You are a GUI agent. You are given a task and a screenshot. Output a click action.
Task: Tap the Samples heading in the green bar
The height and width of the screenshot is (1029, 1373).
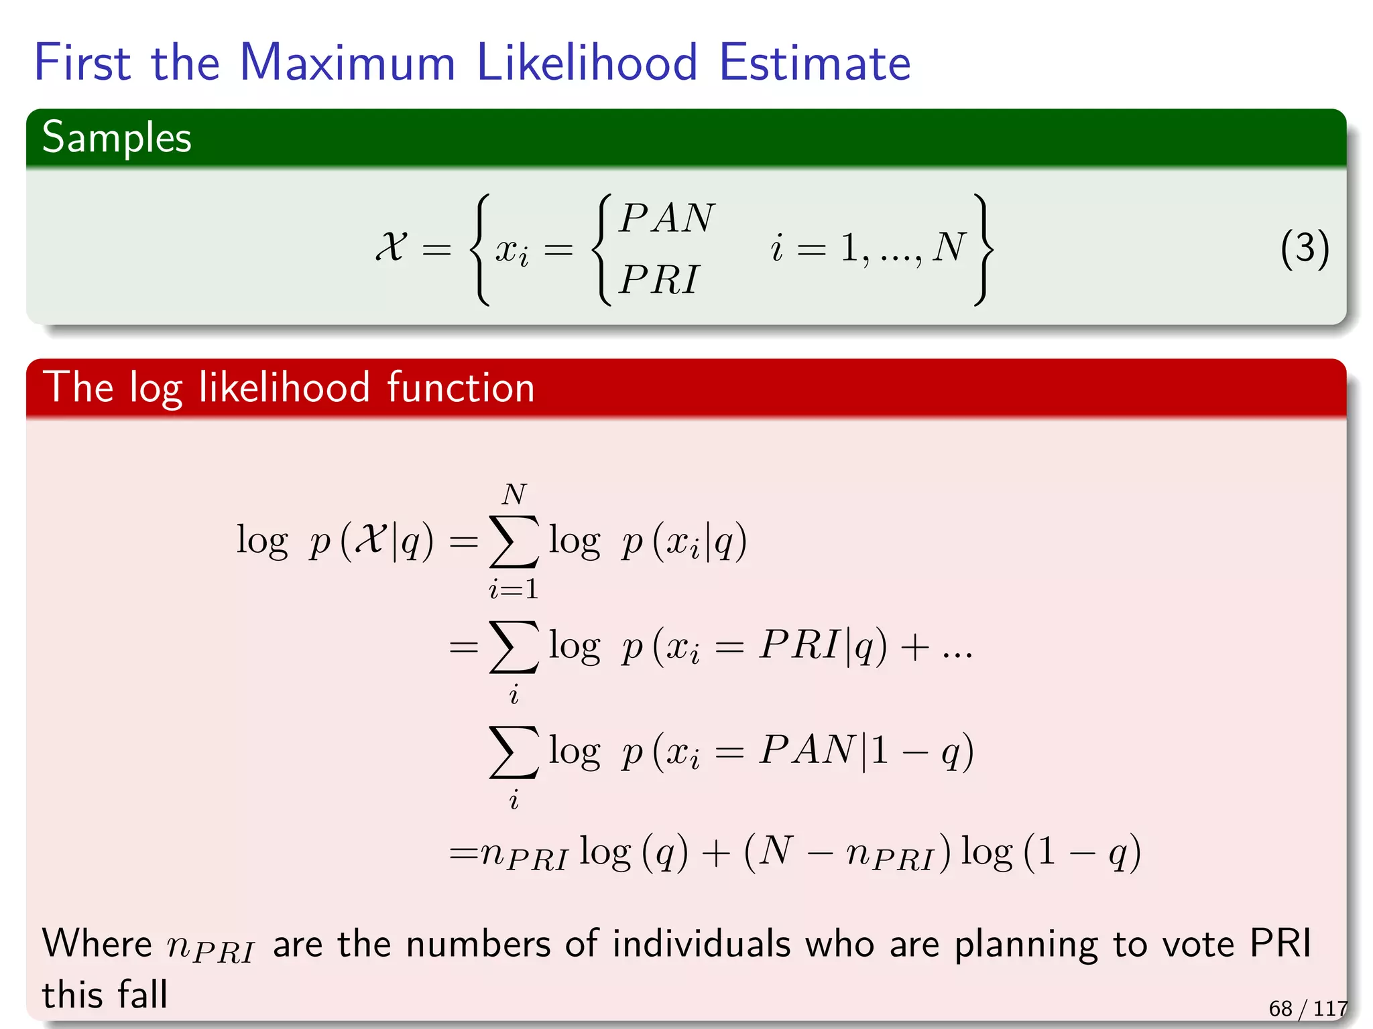coord(117,137)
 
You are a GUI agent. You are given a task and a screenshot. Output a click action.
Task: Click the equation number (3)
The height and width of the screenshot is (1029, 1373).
coord(1304,249)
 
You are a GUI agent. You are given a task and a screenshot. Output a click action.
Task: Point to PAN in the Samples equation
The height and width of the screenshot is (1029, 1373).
coord(666,218)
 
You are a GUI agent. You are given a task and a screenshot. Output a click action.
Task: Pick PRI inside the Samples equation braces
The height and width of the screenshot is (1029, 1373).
coord(658,279)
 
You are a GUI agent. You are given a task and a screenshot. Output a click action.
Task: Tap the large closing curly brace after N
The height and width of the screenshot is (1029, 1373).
coord(983,249)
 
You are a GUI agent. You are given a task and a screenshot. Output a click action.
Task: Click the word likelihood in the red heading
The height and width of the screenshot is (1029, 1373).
coord(284,388)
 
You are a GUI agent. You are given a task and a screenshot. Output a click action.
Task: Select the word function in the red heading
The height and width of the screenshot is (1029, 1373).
coord(461,388)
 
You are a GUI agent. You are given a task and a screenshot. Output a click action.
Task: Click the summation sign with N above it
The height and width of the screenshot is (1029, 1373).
coord(514,541)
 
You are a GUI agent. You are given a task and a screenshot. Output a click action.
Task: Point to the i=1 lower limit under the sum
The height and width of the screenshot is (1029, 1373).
coord(514,589)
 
